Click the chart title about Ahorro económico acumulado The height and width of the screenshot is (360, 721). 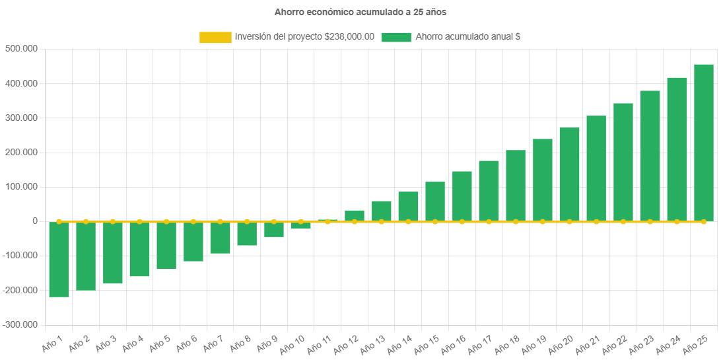(360, 12)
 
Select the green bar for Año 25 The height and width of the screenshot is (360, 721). (703, 142)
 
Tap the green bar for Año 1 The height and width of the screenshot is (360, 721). (59, 260)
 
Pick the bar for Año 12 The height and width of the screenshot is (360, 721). (355, 215)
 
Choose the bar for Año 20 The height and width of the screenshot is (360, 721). (569, 174)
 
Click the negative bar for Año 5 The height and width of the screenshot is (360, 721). (166, 246)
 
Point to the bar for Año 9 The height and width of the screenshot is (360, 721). (274, 229)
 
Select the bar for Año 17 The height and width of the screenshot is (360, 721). (489, 190)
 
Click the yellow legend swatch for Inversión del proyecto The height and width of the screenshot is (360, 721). (215, 38)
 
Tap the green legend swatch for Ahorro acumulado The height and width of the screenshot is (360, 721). (395, 38)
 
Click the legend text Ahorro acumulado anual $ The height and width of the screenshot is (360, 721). (467, 38)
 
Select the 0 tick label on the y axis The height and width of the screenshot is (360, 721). (34, 221)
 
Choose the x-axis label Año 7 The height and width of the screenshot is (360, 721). (213, 344)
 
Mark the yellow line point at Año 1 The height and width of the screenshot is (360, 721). (59, 221)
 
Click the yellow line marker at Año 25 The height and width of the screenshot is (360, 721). (703, 222)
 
